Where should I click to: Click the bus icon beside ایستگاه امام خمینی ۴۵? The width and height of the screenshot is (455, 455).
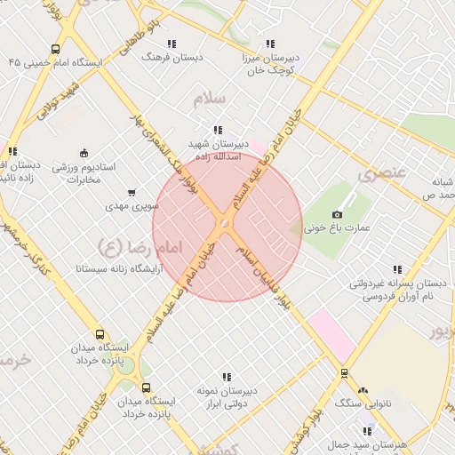[x=56, y=50]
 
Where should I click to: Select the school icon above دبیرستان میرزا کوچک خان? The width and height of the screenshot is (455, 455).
[x=270, y=43]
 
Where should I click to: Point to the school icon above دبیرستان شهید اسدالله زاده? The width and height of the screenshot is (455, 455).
[x=218, y=131]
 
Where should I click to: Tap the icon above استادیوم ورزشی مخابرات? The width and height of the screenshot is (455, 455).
[x=84, y=152]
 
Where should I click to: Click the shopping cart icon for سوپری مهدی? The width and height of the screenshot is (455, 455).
[x=132, y=192]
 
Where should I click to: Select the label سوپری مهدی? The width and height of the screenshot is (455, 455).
[x=132, y=205]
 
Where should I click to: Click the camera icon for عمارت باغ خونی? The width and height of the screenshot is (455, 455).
[x=337, y=214]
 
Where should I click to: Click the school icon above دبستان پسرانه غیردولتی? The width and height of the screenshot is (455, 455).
[x=396, y=269]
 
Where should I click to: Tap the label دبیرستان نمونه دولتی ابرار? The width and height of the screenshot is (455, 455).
[x=226, y=396]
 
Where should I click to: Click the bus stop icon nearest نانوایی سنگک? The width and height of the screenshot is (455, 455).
[x=344, y=373]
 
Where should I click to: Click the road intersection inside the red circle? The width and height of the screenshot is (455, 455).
[x=226, y=221]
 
